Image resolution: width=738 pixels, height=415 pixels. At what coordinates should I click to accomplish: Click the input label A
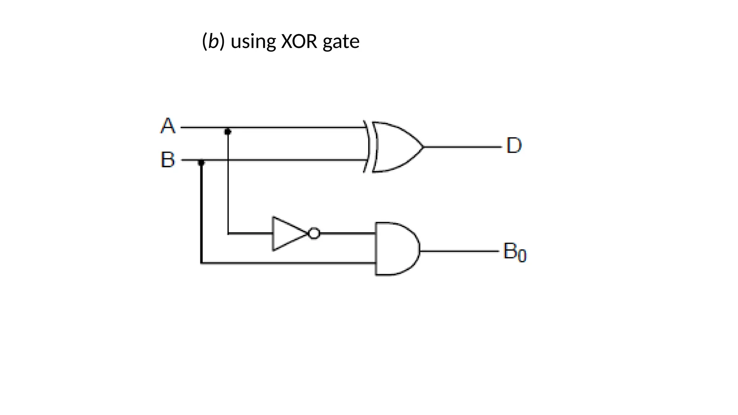coord(168,126)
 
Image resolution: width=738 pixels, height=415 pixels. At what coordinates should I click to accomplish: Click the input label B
coord(168,160)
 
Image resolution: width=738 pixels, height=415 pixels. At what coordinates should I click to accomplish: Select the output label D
coord(514,146)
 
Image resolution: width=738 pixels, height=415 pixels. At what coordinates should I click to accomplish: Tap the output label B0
coord(514,251)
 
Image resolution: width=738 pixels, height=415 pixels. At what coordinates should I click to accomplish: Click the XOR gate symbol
coord(395,147)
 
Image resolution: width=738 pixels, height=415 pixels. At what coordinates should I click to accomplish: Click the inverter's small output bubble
coord(314,233)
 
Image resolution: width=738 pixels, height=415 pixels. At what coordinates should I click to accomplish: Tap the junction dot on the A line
coord(227,131)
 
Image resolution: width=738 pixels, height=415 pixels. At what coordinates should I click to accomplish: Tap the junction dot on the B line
coord(201,163)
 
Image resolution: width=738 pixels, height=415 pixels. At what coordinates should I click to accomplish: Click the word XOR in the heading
coord(299,41)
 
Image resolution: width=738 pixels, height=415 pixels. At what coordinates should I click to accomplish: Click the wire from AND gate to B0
coord(459,251)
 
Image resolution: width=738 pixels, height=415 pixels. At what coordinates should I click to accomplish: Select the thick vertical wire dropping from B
coord(201,216)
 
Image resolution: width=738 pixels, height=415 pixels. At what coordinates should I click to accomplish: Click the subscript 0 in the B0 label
coord(522,256)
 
